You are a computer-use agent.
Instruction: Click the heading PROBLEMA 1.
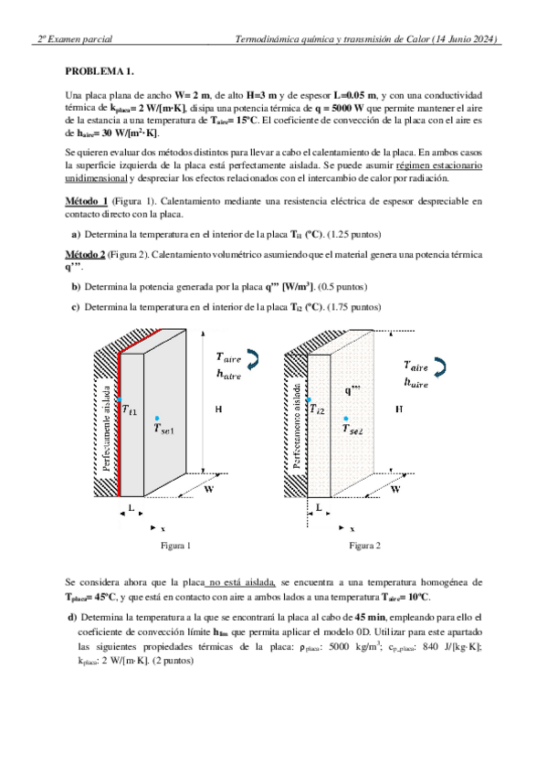[x=100, y=71]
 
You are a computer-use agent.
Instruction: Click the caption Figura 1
[x=175, y=546]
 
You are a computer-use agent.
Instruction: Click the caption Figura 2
[x=365, y=546]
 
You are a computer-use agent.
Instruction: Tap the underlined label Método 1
[x=87, y=201]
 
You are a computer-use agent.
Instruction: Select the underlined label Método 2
[x=85, y=255]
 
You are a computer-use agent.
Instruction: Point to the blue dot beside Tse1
[x=157, y=419]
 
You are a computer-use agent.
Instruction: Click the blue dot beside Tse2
[x=345, y=419]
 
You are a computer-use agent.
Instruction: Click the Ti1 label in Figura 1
[x=130, y=409]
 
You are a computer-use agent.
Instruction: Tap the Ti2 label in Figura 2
[x=317, y=409]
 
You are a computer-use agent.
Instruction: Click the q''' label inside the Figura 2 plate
[x=352, y=390]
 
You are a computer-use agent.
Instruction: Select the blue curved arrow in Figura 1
[x=253, y=359]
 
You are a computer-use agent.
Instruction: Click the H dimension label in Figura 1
[x=218, y=409]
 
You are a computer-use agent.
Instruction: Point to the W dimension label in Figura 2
[x=395, y=489]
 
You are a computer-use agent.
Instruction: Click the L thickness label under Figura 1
[x=131, y=507]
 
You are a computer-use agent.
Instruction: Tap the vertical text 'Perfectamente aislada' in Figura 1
[x=107, y=428]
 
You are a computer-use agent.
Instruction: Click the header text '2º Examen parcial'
[x=75, y=39]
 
